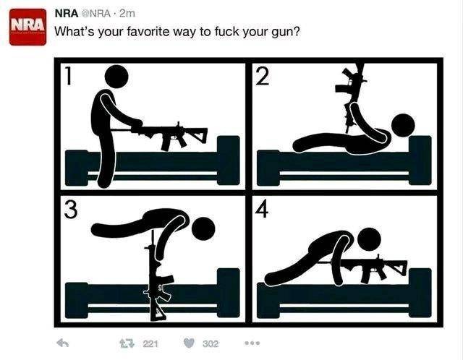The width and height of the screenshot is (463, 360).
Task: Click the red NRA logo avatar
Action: [x=27, y=27]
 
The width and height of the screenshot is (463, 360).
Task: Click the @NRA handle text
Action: [x=96, y=14]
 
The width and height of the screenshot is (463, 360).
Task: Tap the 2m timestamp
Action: [x=127, y=14]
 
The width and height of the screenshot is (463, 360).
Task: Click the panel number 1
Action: [x=69, y=76]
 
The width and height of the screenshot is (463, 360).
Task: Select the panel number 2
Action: [x=263, y=76]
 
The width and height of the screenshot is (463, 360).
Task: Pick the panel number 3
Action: [x=71, y=209]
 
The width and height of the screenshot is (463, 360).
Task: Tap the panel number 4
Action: [x=262, y=209]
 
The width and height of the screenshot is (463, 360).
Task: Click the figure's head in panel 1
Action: [x=116, y=77]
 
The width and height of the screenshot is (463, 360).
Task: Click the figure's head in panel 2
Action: [x=403, y=125]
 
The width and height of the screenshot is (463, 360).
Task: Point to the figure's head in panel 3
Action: [x=203, y=229]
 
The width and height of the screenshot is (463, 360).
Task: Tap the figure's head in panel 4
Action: [x=369, y=239]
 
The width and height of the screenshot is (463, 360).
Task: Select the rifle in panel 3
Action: [x=156, y=276]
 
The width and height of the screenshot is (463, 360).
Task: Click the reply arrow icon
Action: [x=63, y=343]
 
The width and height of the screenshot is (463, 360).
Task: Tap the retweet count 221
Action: [x=150, y=344]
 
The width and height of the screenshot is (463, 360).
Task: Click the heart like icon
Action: [x=189, y=343]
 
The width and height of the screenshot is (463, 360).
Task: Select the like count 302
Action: [x=211, y=344]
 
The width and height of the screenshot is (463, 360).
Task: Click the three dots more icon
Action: [x=252, y=343]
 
